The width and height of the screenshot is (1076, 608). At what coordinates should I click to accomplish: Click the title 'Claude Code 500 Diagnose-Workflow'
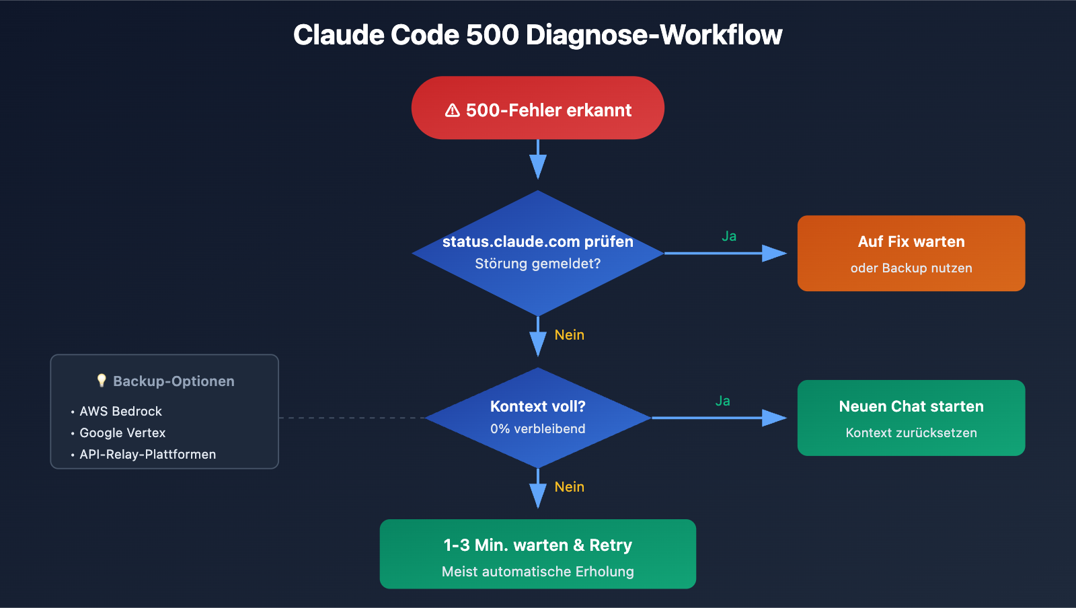[537, 35]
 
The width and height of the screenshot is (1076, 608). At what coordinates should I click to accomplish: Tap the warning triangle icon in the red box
[453, 110]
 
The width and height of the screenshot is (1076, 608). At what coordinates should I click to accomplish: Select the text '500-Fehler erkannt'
[548, 110]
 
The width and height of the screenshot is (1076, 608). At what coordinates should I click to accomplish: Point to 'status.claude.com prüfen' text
[537, 241]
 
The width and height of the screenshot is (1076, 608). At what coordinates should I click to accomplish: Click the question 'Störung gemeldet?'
[537, 264]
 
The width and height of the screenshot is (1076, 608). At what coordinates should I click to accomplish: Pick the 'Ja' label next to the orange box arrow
[729, 236]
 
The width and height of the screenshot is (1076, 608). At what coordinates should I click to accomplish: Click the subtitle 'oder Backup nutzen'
[911, 268]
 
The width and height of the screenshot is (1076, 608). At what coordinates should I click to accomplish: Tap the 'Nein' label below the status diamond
[569, 335]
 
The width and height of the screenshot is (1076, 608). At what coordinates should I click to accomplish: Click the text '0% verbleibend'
[537, 429]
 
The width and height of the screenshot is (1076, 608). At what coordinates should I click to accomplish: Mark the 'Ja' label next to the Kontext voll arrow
[722, 401]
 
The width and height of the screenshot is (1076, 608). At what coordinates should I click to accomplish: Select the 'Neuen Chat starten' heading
[911, 406]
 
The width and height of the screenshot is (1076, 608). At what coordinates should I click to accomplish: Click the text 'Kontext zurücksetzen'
[911, 433]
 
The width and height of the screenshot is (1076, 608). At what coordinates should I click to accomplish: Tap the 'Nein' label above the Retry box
[569, 487]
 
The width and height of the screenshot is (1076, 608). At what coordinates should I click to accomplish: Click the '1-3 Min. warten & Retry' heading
[537, 545]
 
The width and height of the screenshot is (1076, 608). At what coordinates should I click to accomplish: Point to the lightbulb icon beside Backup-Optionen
[102, 381]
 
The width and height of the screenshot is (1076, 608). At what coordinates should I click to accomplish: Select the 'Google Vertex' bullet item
[122, 433]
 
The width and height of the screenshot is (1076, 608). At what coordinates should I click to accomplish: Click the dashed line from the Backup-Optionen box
[350, 418]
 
